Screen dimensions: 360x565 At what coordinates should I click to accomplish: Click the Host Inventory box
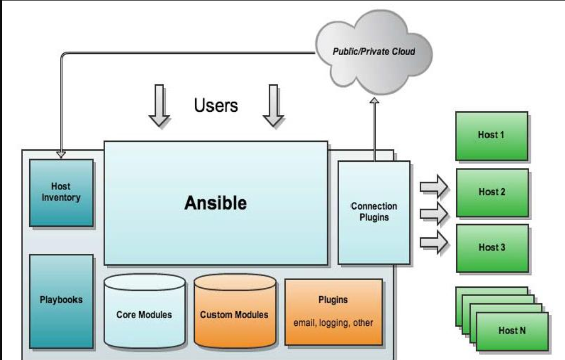pyautogui.click(x=61, y=192)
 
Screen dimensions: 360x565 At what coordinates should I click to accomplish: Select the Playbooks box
pyautogui.click(x=61, y=299)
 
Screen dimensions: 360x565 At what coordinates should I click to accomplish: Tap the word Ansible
pyautogui.click(x=215, y=203)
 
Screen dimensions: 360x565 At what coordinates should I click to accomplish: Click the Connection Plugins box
pyautogui.click(x=374, y=212)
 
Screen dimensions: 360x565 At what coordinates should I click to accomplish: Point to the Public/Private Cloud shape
pyautogui.click(x=374, y=52)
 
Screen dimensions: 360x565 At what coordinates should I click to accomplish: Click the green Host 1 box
pyautogui.click(x=491, y=135)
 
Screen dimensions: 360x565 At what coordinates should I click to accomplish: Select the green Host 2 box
pyautogui.click(x=491, y=192)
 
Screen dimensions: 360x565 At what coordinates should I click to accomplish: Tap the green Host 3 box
pyautogui.click(x=491, y=247)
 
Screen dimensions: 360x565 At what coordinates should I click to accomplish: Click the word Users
pyautogui.click(x=216, y=105)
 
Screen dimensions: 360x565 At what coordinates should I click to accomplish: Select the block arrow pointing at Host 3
pyautogui.click(x=434, y=243)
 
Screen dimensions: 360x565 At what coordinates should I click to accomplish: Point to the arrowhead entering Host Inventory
pyautogui.click(x=61, y=155)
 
